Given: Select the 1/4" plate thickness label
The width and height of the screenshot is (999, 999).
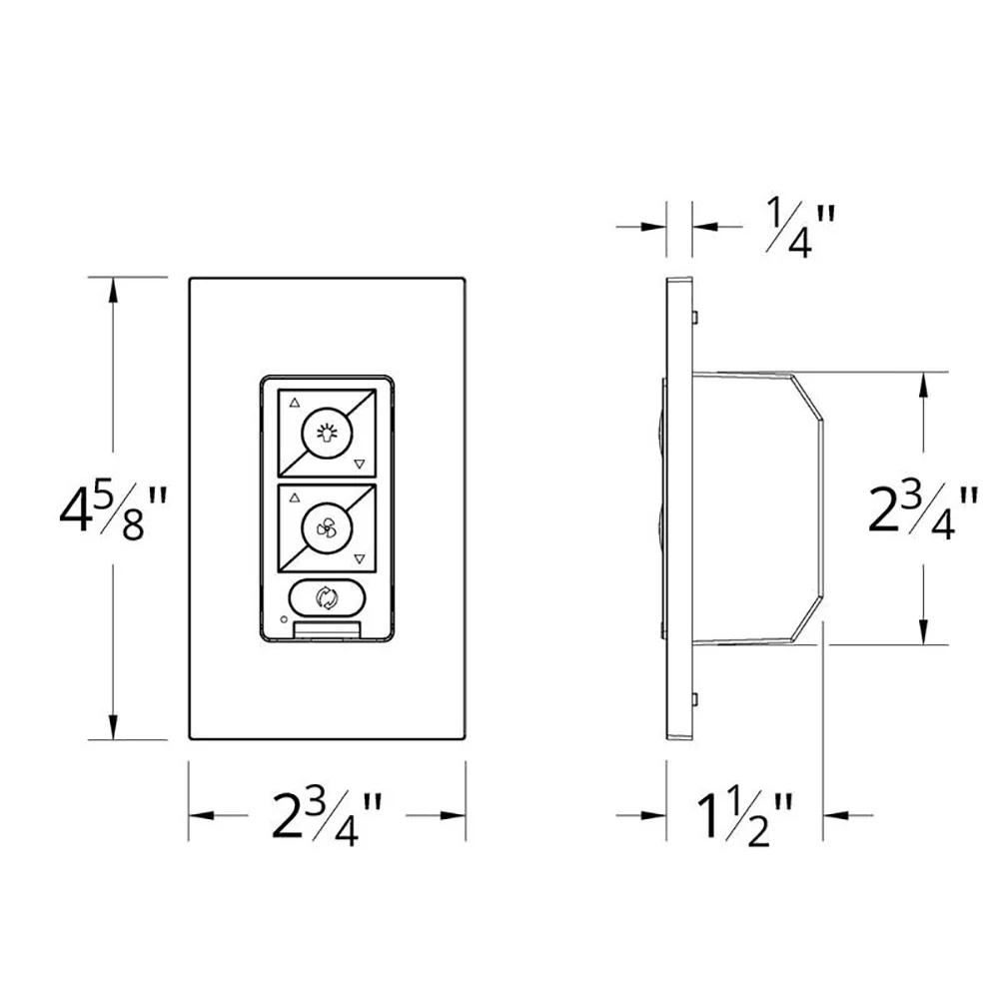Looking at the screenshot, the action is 799,228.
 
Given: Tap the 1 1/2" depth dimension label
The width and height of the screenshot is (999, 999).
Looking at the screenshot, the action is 745,818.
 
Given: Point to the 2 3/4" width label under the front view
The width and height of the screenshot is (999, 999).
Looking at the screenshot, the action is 327,817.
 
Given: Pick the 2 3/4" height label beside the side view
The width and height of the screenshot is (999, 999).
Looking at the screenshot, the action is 922,509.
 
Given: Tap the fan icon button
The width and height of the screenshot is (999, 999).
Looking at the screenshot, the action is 327,528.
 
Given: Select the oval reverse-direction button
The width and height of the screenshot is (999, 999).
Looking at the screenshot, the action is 327,597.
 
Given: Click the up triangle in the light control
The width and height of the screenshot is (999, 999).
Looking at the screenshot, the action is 295,404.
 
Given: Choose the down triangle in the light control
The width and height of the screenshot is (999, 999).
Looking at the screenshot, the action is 360,464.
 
